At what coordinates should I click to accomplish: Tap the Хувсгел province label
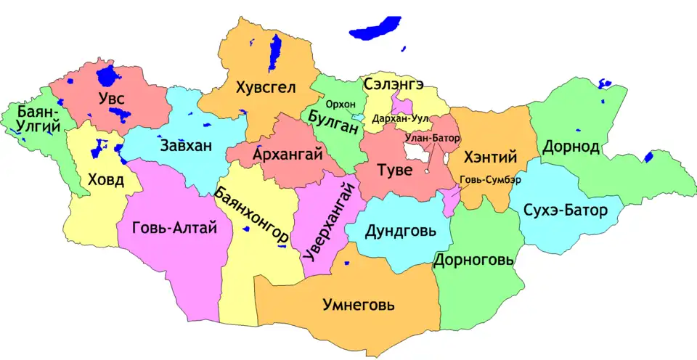(x=266, y=88)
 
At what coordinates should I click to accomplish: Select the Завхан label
(x=187, y=145)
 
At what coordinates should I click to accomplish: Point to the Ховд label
(x=105, y=179)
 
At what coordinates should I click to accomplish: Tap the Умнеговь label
(x=358, y=305)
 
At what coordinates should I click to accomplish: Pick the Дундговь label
(x=401, y=232)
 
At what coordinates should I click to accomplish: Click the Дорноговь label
(x=473, y=260)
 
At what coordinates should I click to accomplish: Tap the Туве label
(x=396, y=171)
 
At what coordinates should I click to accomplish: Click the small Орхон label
(x=341, y=105)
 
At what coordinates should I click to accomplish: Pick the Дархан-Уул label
(x=400, y=118)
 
